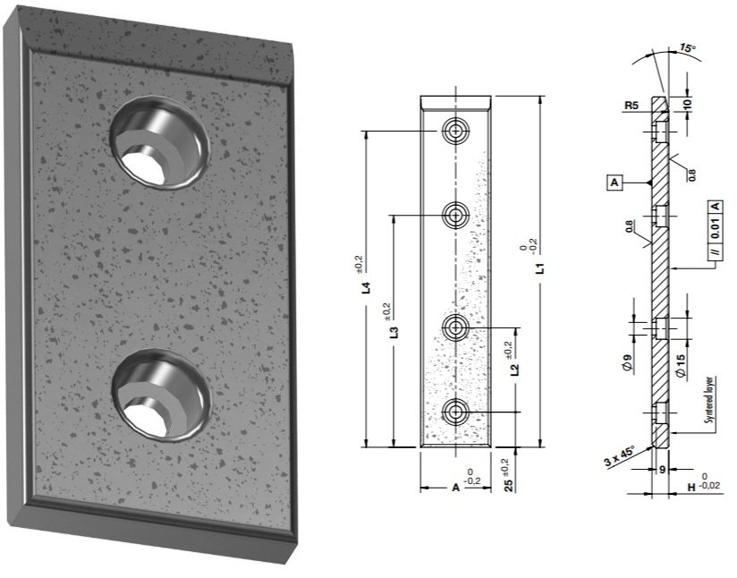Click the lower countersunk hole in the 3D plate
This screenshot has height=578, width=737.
click(161, 395)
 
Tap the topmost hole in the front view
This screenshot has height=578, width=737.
click(457, 132)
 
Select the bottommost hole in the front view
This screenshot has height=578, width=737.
click(457, 412)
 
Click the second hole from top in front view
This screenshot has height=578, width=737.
click(457, 215)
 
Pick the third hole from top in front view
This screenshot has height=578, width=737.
click(457, 328)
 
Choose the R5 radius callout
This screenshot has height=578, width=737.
click(631, 105)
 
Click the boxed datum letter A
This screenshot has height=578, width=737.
click(614, 183)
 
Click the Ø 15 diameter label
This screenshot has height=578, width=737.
click(682, 367)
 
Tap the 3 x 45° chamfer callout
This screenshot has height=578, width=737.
click(618, 456)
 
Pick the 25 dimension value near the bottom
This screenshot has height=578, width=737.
click(507, 488)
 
